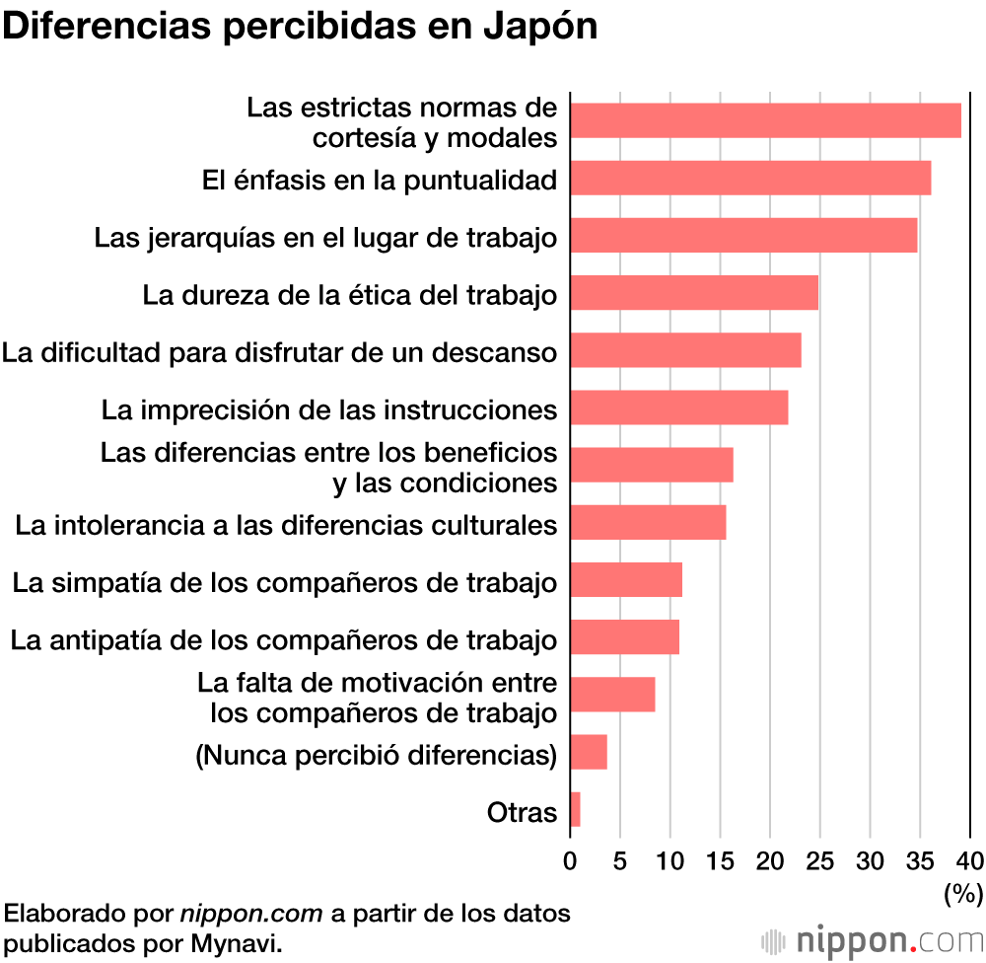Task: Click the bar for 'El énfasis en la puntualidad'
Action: (x=750, y=178)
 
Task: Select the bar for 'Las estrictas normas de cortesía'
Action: (x=765, y=120)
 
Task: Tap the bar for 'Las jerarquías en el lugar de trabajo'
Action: (x=743, y=236)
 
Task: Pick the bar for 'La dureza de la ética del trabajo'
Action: (x=694, y=293)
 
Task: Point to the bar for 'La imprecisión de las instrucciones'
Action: (x=679, y=407)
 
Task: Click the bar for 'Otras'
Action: (x=575, y=810)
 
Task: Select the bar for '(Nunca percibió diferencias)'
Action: (x=589, y=753)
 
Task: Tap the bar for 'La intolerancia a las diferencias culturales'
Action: (x=648, y=522)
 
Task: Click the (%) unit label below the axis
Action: (x=963, y=894)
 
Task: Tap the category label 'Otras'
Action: (x=522, y=813)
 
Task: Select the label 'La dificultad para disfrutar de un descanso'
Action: (x=280, y=351)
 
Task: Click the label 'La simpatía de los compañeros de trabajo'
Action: (x=285, y=582)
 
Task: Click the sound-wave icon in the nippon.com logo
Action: (x=772, y=938)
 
